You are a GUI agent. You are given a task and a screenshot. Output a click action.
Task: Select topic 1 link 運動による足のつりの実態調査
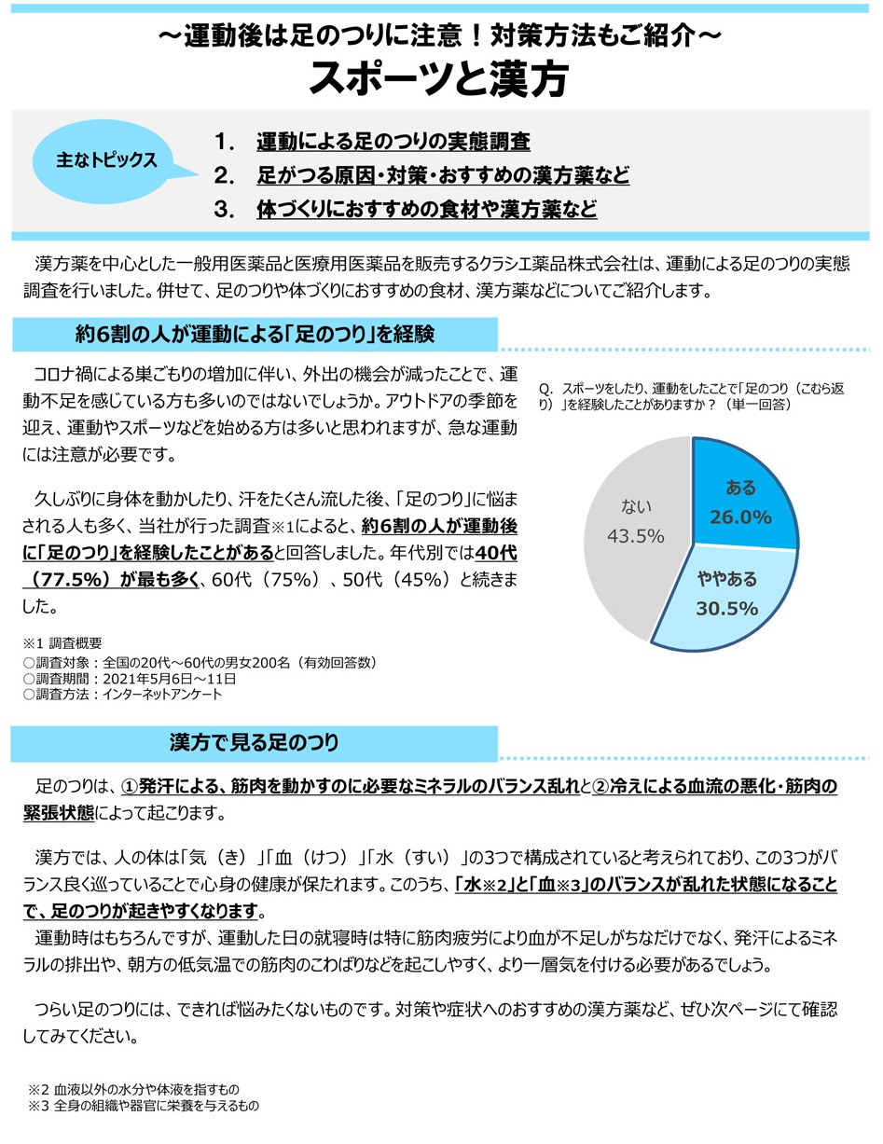[x=393, y=143]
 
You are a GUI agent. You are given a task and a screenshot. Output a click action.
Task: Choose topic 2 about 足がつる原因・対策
[x=442, y=175]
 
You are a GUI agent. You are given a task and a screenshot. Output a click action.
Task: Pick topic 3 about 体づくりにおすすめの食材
[x=426, y=209]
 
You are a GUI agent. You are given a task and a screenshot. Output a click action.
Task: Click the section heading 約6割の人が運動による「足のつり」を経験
[x=255, y=334]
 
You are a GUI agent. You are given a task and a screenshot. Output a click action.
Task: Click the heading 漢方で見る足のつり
[x=255, y=742]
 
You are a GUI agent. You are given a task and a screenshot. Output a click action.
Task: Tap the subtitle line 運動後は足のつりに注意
[x=440, y=36]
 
